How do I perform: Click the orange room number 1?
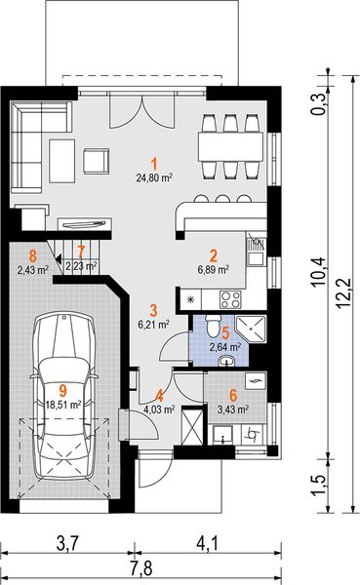pos(154,164)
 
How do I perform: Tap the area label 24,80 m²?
pos(154,178)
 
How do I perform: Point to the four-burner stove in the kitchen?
pos(231,299)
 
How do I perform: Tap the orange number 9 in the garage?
pos(62,391)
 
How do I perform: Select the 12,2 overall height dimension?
pos(342,293)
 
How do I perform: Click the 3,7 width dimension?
pos(68,543)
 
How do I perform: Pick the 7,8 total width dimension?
pos(141,569)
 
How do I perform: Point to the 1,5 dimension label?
pos(319,486)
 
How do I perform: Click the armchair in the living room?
pos(96,161)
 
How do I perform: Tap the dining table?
pos(230,146)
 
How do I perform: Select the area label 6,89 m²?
pos(214,269)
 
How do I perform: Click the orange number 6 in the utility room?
pos(233,395)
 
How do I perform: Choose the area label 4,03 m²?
pos(159,409)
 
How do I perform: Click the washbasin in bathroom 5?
pos(227,361)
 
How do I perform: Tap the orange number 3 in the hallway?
pos(153,310)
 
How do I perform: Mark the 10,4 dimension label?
pos(319,271)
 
